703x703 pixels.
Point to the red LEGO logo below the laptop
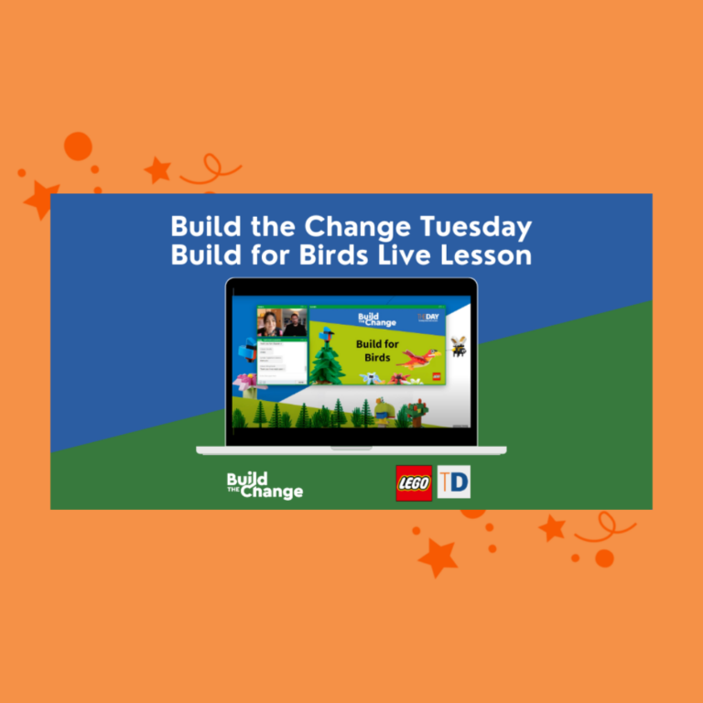(414, 482)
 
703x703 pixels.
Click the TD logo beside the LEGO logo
(453, 482)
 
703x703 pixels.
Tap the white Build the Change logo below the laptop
(265, 484)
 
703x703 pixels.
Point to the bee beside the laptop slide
(458, 346)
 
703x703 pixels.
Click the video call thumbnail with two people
(282, 323)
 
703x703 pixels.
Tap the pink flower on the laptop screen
(244, 381)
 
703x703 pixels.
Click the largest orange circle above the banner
(78, 146)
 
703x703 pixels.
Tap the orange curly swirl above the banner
(211, 171)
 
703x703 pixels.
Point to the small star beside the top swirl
(157, 169)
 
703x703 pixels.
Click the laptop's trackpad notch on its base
(351, 448)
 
